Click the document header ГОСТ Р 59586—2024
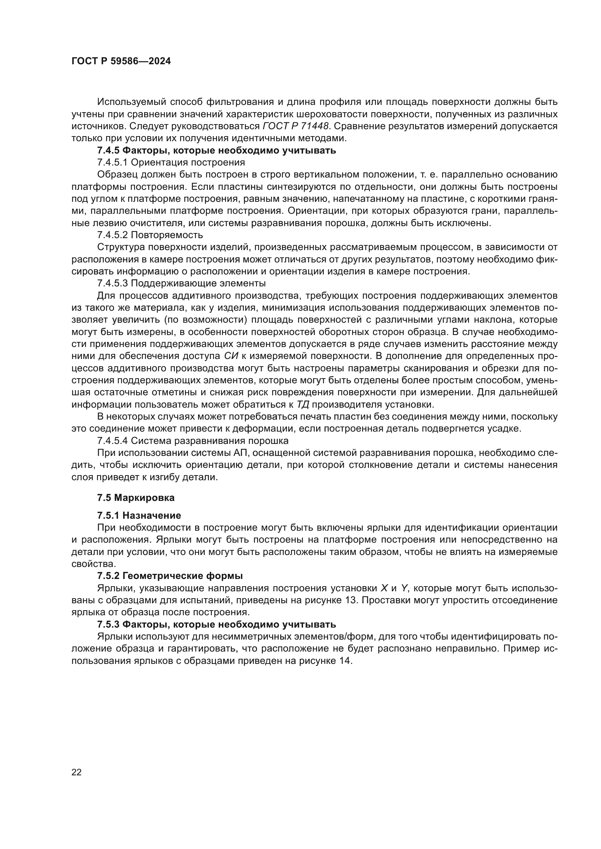tap(121, 61)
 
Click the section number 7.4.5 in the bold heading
tap(108, 151)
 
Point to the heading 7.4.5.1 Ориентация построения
tap(171, 162)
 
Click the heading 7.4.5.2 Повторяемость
tap(150, 235)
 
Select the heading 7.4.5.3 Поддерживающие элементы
tap(181, 283)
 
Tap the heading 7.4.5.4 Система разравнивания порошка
tap(193, 441)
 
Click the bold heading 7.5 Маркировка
tap(136, 498)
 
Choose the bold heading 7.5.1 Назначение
tap(139, 515)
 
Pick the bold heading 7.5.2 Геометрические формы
tap(170, 576)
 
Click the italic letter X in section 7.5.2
tap(384, 588)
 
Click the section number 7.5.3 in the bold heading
tap(108, 625)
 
